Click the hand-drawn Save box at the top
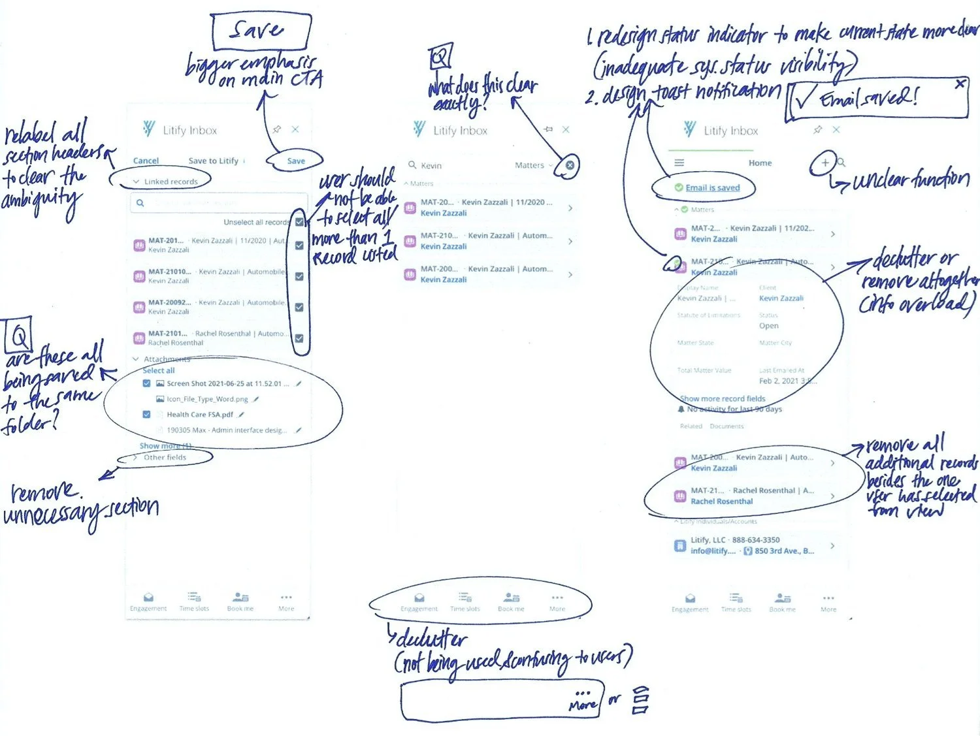[x=261, y=31]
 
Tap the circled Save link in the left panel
[x=296, y=161]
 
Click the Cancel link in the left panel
[x=146, y=161]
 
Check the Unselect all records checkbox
[x=299, y=222]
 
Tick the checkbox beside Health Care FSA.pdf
[x=146, y=415]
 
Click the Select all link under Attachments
[x=159, y=370]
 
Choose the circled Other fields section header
[x=165, y=457]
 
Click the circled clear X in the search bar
[x=570, y=165]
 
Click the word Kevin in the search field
[x=431, y=166]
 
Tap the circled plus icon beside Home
[x=825, y=163]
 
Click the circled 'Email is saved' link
[x=712, y=188]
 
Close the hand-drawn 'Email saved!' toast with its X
[x=960, y=84]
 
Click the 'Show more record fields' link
[x=723, y=398]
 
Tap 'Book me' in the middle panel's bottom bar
[x=511, y=601]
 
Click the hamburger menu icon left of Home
[x=679, y=163]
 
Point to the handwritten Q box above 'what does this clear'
[x=440, y=57]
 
